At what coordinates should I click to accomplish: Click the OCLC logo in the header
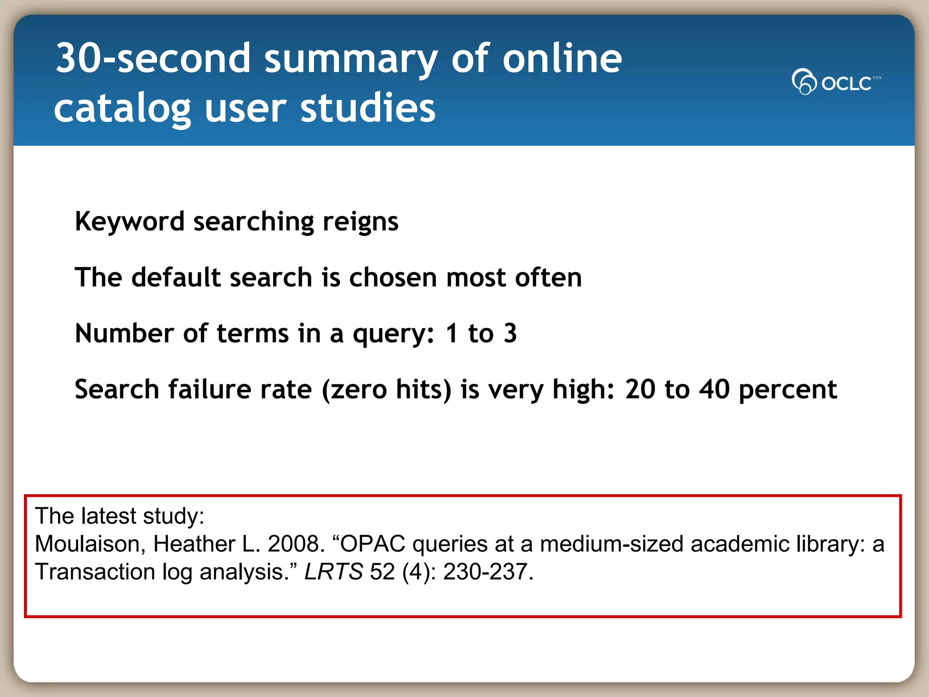(x=836, y=82)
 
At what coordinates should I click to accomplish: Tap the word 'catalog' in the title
(x=122, y=109)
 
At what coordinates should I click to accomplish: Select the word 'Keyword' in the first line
(x=129, y=222)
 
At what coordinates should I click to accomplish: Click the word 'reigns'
(x=360, y=222)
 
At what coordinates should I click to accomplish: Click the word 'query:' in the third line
(x=394, y=334)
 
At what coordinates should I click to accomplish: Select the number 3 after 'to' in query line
(x=510, y=333)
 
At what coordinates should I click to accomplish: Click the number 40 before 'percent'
(x=714, y=389)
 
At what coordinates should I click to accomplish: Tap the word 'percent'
(x=787, y=390)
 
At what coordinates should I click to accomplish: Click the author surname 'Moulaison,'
(x=90, y=544)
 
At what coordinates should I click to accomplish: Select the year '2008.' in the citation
(x=296, y=544)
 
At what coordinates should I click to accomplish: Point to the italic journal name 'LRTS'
(x=333, y=572)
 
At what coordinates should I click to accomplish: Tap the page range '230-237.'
(x=488, y=572)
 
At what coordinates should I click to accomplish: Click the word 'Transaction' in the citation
(x=95, y=572)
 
